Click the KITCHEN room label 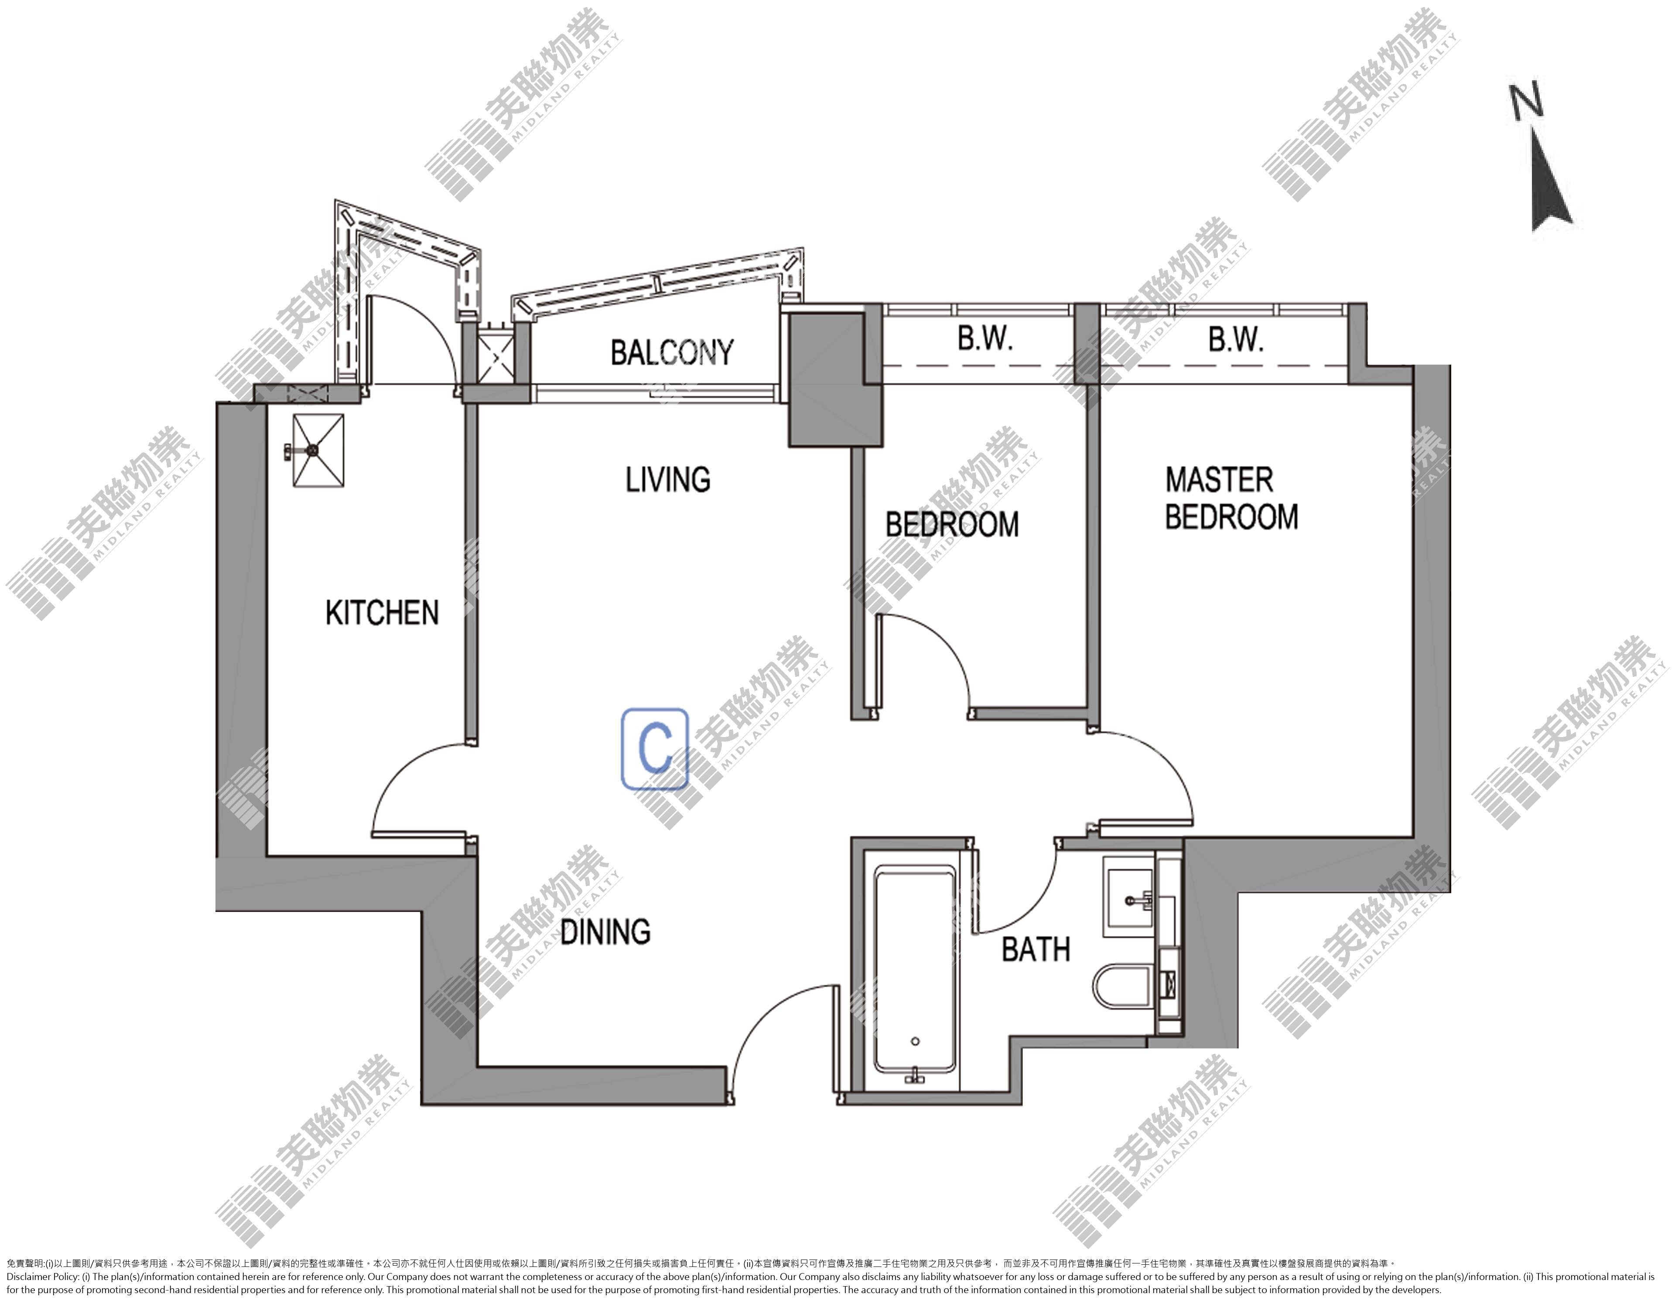[382, 613]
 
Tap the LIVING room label [668, 480]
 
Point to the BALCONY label [672, 353]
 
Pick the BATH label [1036, 950]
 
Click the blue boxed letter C [654, 748]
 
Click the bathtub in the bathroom [916, 973]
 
